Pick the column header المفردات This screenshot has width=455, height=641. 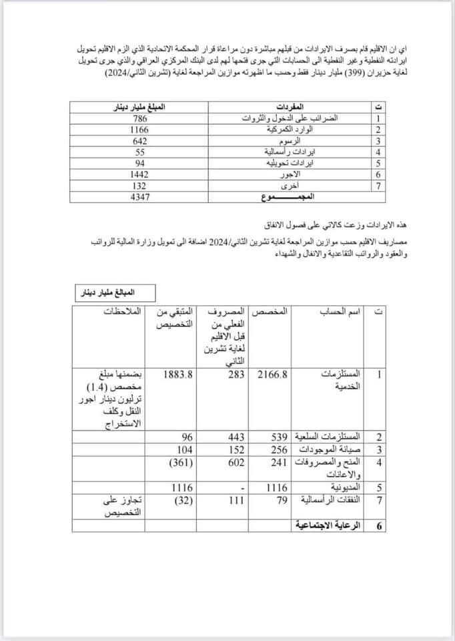coord(289,105)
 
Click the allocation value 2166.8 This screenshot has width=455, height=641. coord(272,375)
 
